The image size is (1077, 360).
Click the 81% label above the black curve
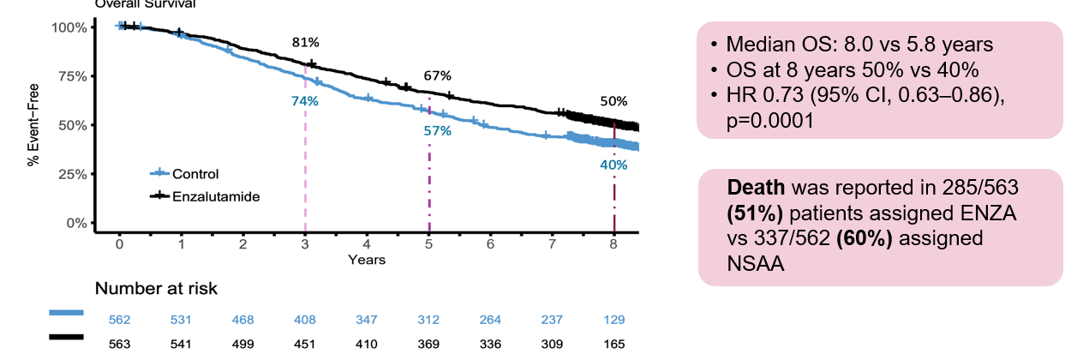(x=305, y=42)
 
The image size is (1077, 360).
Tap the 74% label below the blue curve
(x=305, y=101)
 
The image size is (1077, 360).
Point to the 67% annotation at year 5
(x=437, y=76)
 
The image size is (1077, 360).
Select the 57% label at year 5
(x=438, y=131)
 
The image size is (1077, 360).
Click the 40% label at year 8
(x=613, y=165)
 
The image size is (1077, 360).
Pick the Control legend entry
(x=195, y=174)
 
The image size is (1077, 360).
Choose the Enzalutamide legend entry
(x=215, y=196)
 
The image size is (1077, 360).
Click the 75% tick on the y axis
(x=70, y=76)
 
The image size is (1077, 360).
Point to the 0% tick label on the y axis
(x=75, y=223)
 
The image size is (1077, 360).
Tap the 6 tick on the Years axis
(x=490, y=243)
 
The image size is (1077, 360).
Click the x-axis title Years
(x=367, y=259)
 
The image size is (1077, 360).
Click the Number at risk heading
(x=156, y=289)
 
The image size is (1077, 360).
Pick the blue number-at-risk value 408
(x=304, y=321)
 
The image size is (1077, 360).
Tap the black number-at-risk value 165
(x=613, y=344)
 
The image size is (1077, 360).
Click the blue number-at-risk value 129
(x=613, y=321)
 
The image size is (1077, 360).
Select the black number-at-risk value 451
(x=304, y=344)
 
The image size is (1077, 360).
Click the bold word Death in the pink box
(x=757, y=187)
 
